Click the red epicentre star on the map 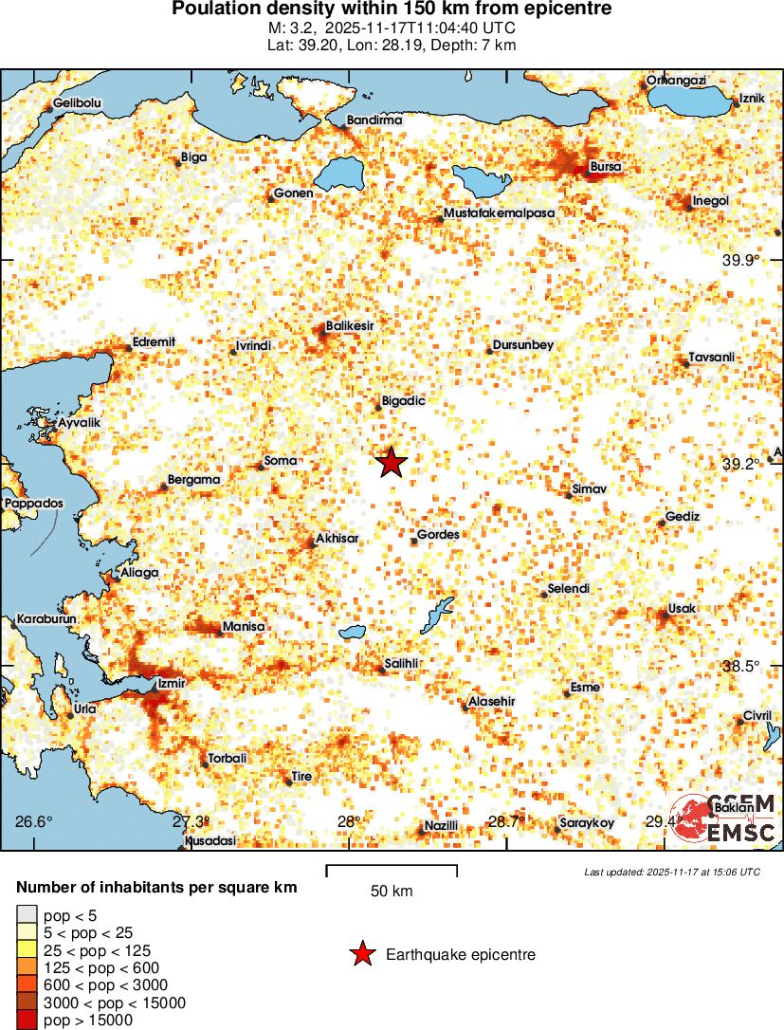click(x=392, y=463)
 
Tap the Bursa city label click(x=605, y=167)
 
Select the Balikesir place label click(x=350, y=325)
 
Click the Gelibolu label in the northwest click(x=78, y=102)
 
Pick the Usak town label click(x=682, y=608)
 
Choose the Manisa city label click(x=243, y=627)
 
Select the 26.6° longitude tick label click(x=34, y=821)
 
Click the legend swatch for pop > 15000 click(x=27, y=1021)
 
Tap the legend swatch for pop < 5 click(x=27, y=915)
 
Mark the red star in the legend click(x=361, y=955)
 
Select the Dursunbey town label click(x=523, y=345)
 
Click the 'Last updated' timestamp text click(x=672, y=872)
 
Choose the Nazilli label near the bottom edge click(x=441, y=825)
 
